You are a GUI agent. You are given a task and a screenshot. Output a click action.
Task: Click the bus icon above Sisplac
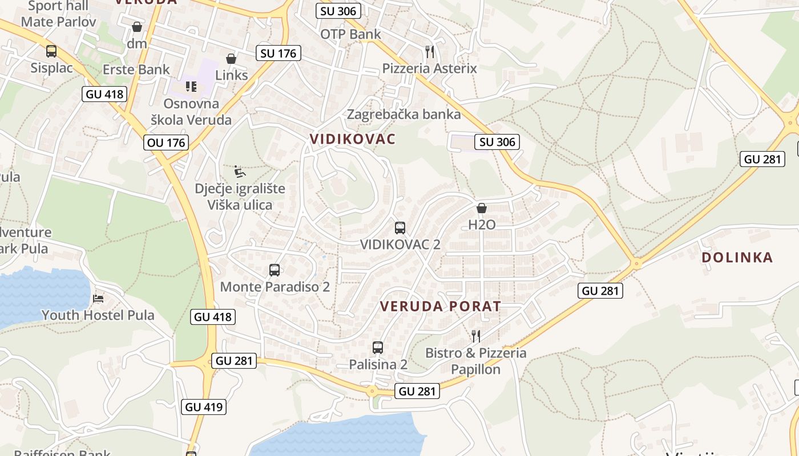tap(51, 51)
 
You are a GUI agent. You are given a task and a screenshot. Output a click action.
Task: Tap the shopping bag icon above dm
tap(137, 27)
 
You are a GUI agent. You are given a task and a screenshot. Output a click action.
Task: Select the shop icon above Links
tap(231, 59)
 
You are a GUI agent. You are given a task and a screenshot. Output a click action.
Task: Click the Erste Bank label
tap(136, 70)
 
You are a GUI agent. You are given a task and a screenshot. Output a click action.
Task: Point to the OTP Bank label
tap(350, 34)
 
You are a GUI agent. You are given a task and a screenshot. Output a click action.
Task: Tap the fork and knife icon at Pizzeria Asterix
tap(430, 52)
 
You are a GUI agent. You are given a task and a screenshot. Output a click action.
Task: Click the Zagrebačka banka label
tap(404, 114)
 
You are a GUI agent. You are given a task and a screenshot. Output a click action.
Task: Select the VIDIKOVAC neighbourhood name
tap(353, 139)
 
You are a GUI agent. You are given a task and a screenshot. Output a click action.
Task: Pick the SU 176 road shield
tap(279, 54)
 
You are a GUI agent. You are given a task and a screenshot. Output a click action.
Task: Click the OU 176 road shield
tap(167, 142)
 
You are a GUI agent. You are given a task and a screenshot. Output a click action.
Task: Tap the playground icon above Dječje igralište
tap(240, 172)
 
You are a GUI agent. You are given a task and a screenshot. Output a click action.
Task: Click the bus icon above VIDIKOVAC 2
tap(400, 228)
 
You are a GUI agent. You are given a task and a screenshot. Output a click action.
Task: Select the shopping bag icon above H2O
tap(482, 209)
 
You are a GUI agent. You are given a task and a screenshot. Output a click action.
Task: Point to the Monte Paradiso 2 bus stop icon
tap(275, 270)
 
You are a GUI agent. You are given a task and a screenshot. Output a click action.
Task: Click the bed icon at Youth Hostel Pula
tap(99, 298)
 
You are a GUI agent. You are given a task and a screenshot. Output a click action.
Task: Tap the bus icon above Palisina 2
tap(378, 347)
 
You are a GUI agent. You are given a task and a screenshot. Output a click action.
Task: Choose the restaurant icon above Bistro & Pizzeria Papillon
tap(476, 336)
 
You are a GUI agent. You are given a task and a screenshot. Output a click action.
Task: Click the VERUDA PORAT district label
tap(440, 306)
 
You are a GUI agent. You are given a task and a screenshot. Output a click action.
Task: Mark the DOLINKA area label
tap(737, 257)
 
